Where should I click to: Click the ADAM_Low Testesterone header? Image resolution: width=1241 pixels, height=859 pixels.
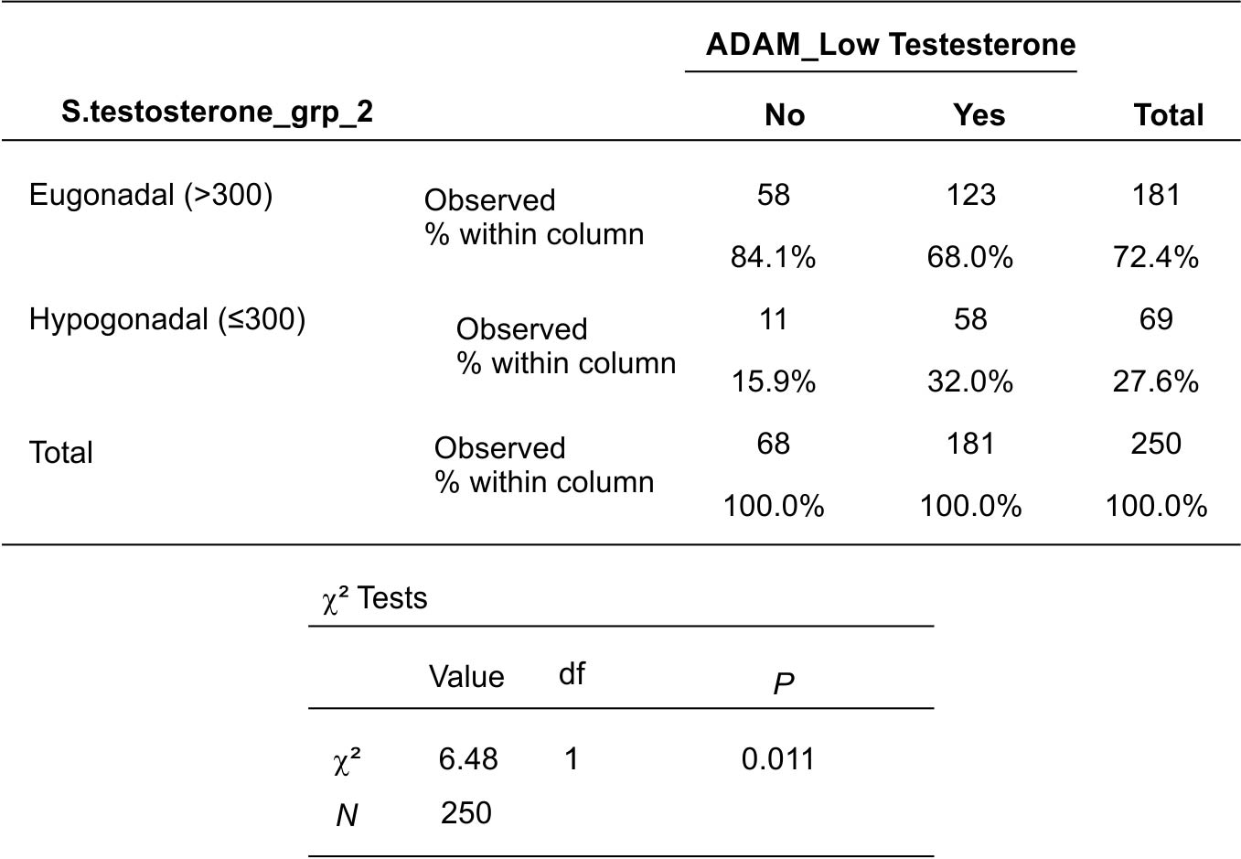tap(891, 44)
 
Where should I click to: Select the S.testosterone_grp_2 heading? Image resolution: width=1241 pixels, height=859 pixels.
tap(217, 113)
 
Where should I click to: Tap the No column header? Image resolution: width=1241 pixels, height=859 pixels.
tap(785, 115)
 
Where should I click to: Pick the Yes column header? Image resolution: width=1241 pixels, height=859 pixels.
tap(979, 115)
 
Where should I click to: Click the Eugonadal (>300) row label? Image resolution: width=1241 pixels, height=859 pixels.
tap(151, 195)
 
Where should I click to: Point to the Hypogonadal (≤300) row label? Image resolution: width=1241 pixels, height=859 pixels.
tap(167, 319)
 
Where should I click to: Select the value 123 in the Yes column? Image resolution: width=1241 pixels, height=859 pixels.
tap(971, 195)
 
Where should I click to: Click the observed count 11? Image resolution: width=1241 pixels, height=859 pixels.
tap(773, 319)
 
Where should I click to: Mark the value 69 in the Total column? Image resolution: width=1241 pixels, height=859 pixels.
tap(1156, 319)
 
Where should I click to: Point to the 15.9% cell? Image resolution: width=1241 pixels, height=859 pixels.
tap(774, 381)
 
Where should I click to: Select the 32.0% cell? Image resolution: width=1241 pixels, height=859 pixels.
tap(970, 381)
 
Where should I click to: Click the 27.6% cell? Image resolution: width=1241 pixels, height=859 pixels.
tap(1156, 381)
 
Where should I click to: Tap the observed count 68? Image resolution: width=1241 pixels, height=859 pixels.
tap(774, 444)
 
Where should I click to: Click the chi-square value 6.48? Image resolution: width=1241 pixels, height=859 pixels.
tap(468, 758)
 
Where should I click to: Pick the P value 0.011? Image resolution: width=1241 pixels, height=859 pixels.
tap(778, 758)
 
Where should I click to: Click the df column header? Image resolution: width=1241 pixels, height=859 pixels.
tap(572, 674)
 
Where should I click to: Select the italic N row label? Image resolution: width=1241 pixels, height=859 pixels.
tap(347, 816)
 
